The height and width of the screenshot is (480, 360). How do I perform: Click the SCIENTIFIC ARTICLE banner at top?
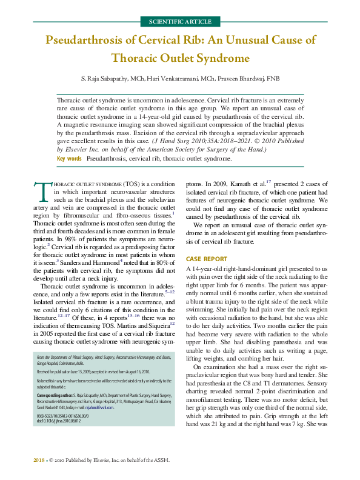click(x=180, y=22)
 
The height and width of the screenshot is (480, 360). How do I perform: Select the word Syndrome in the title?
click(x=224, y=59)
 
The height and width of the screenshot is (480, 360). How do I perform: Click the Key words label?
click(x=69, y=159)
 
